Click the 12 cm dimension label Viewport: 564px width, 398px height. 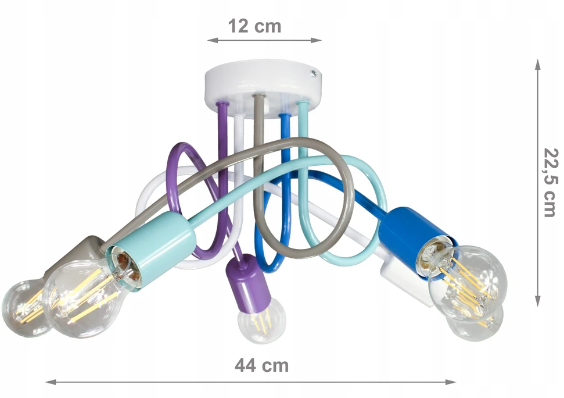point(254,26)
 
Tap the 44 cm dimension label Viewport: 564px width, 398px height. point(262,365)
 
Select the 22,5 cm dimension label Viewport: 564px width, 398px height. point(551,183)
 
